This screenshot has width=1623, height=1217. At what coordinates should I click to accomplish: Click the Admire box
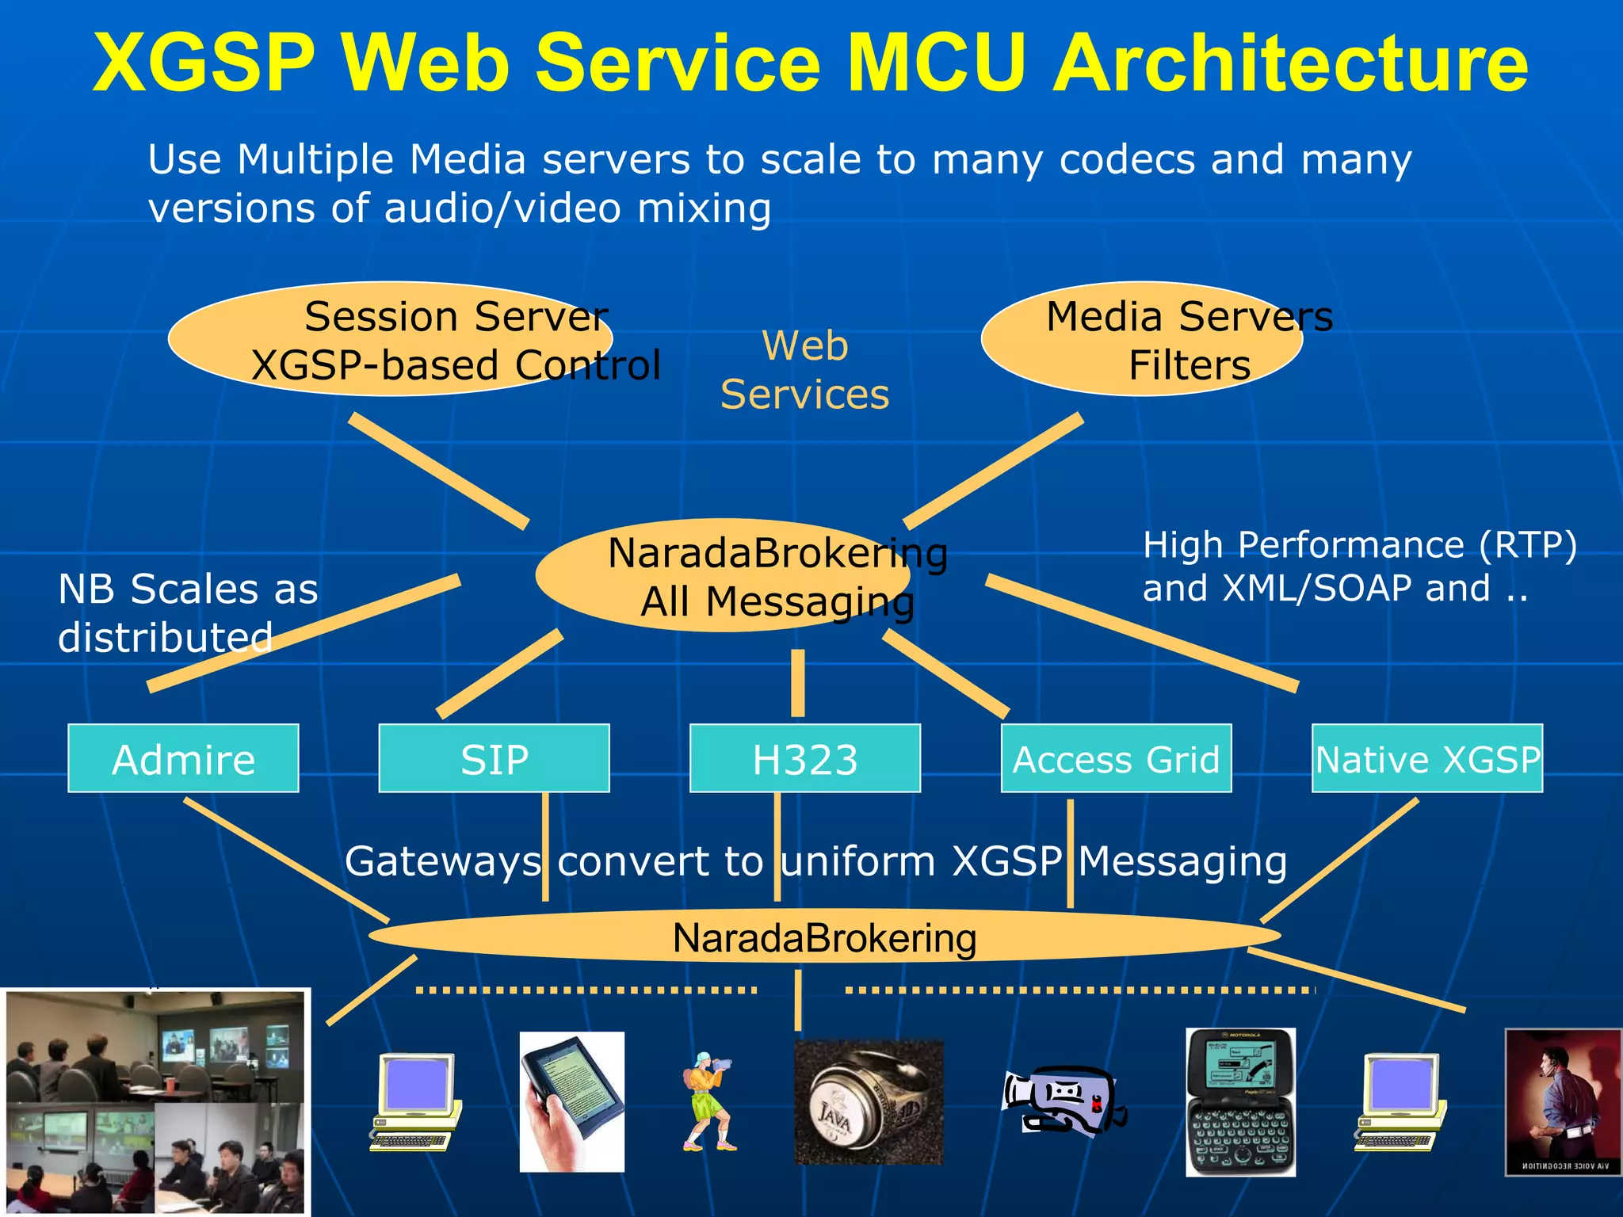pyautogui.click(x=183, y=758)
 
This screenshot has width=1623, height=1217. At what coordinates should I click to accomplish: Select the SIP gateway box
pyautogui.click(x=494, y=758)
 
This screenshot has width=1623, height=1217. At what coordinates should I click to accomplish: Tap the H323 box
pyautogui.click(x=804, y=758)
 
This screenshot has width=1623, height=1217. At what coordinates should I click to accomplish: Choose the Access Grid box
pyautogui.click(x=1116, y=758)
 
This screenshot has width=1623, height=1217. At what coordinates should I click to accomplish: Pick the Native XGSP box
pyautogui.click(x=1426, y=758)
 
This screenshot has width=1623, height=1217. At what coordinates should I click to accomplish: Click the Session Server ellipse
pyautogui.click(x=390, y=339)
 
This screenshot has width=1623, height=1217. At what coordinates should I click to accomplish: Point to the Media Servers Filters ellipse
pyautogui.click(x=1141, y=339)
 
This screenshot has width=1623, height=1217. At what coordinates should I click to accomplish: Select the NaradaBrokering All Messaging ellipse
pyautogui.click(x=723, y=576)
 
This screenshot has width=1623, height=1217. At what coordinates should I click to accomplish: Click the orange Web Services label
pyautogui.click(x=804, y=370)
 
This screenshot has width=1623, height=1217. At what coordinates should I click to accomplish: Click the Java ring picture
pyautogui.click(x=869, y=1102)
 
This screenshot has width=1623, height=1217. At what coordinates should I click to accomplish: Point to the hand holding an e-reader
pyautogui.click(x=571, y=1101)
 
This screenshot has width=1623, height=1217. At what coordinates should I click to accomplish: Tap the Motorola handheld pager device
pyautogui.click(x=1240, y=1101)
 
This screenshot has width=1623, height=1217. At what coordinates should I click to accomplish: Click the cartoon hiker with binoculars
pyautogui.click(x=708, y=1101)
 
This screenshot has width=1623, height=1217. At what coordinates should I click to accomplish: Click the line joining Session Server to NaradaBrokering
pyautogui.click(x=439, y=471)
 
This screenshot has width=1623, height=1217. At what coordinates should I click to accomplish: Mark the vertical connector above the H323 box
pyautogui.click(x=798, y=682)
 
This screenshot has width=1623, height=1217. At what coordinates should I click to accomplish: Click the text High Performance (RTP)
pyautogui.click(x=1359, y=545)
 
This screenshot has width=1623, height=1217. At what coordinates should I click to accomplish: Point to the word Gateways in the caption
pyautogui.click(x=443, y=861)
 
